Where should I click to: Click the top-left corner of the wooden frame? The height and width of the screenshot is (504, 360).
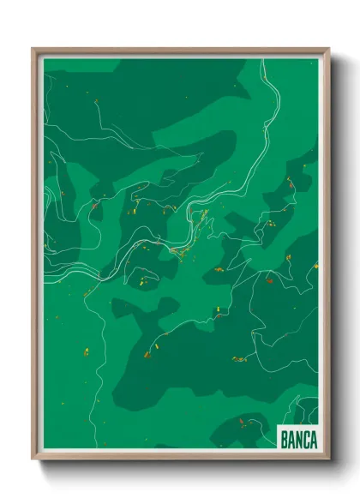33,49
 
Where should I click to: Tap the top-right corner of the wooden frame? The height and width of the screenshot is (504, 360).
329,49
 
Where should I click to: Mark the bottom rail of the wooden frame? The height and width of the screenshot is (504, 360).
180,458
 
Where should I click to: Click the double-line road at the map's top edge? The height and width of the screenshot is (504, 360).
260,62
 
